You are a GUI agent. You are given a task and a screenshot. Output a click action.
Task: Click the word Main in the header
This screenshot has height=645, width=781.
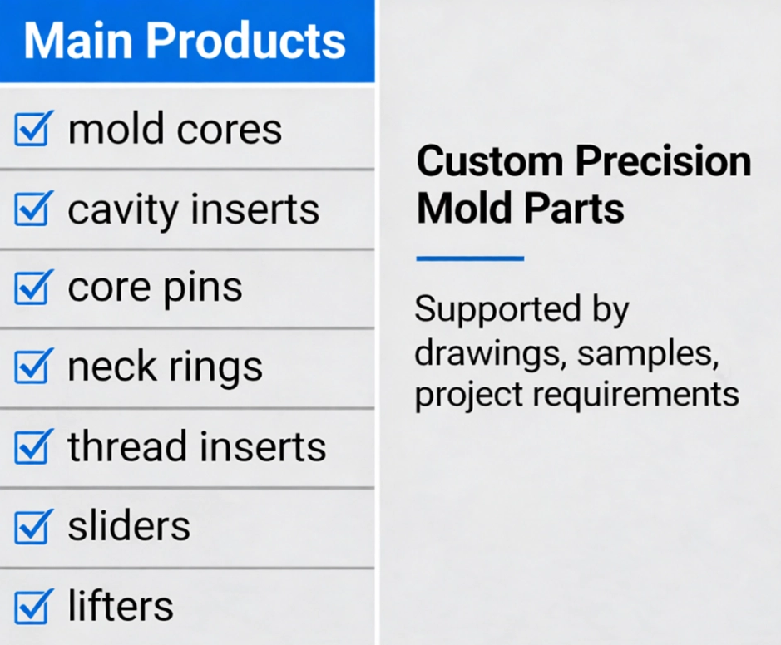[x=77, y=41]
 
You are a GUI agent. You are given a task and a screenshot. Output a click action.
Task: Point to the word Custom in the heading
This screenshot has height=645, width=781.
[x=490, y=162]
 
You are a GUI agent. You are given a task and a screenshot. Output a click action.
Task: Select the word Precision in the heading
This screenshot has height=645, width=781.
[x=663, y=162]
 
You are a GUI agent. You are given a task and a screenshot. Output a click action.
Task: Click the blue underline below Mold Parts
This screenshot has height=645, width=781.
[x=470, y=258]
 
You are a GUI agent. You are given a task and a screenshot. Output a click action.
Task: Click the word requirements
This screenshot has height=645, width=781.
[x=635, y=396]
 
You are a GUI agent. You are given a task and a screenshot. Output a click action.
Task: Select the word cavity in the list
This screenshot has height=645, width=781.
[x=123, y=210]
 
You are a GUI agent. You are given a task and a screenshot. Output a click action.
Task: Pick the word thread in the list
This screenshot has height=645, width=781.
[x=128, y=446]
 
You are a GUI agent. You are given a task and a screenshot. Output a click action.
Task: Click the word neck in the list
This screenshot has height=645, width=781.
[x=112, y=366]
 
